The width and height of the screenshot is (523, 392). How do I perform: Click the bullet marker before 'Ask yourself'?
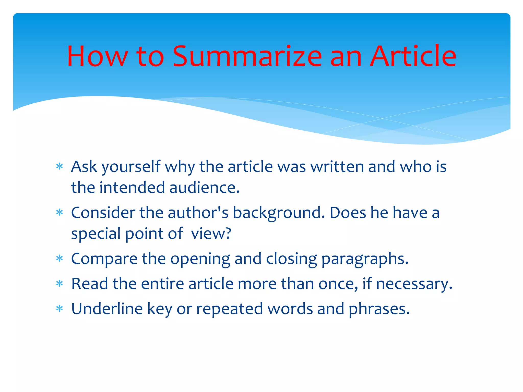point(60,167)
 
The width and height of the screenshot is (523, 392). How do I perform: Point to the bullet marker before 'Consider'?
point(60,213)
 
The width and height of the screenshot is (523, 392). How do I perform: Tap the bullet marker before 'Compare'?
point(60,259)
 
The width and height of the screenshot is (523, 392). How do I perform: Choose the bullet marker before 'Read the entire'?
point(60,284)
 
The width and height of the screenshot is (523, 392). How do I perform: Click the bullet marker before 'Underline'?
point(60,309)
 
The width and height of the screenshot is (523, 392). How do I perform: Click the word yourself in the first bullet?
point(131,167)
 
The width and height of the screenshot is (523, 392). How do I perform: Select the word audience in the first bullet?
point(204,188)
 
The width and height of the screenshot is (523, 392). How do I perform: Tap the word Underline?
point(107,309)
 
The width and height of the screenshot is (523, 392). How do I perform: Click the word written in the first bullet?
point(337,167)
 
